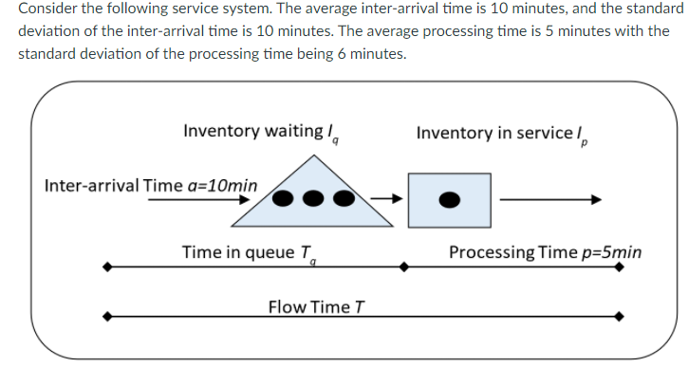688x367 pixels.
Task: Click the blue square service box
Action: (x=449, y=199)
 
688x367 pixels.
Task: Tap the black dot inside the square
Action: (x=450, y=200)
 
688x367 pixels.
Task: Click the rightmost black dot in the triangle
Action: (x=344, y=200)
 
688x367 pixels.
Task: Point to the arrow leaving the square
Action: (x=550, y=199)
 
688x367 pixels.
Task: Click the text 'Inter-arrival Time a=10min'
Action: (x=150, y=183)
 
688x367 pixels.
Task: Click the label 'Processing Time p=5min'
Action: (x=544, y=252)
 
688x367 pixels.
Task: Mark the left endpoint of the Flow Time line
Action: (x=110, y=316)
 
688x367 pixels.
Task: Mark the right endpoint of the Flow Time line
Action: (x=619, y=316)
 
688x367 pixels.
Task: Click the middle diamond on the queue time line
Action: (x=403, y=267)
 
